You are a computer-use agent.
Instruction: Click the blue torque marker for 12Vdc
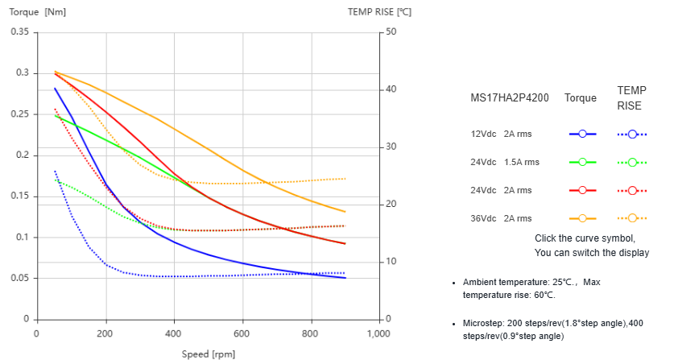581,134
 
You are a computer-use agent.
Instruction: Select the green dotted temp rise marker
632,162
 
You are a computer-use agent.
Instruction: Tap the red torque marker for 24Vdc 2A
581,190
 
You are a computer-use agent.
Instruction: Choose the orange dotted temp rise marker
632,218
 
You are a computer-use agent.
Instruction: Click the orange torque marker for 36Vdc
581,218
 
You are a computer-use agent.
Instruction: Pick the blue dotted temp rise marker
632,134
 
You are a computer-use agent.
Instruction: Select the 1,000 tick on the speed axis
378,333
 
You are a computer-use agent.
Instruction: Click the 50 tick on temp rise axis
391,31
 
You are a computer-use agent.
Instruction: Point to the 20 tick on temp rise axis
391,205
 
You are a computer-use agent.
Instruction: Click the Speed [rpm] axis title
208,353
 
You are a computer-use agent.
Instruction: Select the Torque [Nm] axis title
38,11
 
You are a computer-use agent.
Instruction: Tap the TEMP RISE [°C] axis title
379,11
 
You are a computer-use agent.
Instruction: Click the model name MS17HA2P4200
510,98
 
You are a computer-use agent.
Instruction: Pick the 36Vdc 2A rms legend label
501,218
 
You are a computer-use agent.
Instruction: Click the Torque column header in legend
581,98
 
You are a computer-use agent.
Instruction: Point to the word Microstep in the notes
484,322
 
